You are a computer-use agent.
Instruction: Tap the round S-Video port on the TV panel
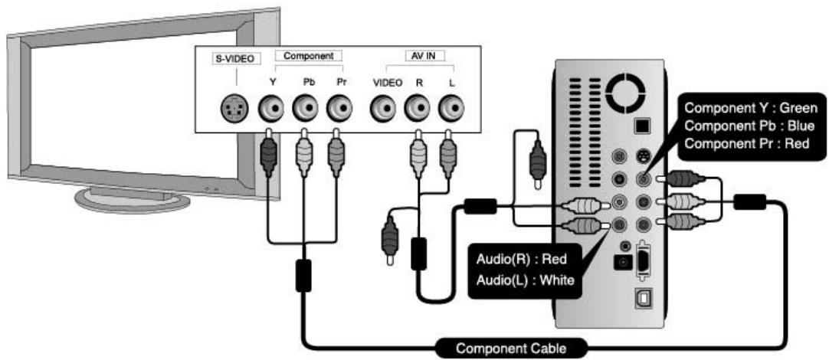tap(233, 110)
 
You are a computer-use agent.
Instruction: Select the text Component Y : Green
tap(751, 108)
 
